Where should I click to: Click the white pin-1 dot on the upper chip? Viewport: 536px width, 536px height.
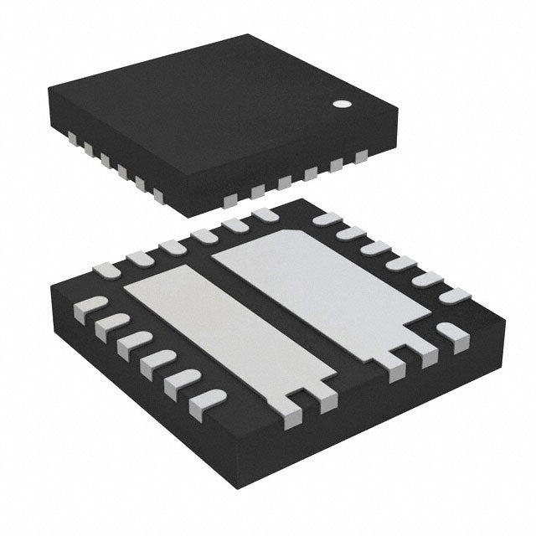[343, 105]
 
